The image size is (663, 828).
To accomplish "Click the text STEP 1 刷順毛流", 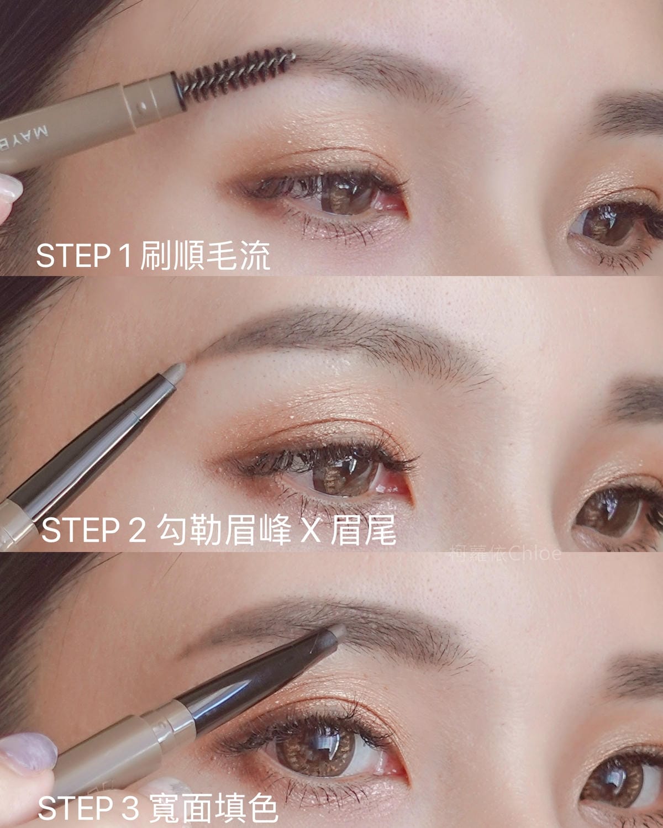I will [152, 256].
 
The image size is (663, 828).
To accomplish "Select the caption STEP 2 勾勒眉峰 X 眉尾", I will [218, 530].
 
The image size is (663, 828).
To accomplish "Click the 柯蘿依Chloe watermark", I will [505, 553].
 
